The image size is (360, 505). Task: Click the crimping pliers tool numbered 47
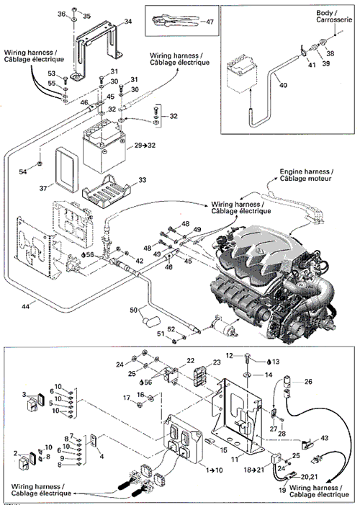coord(176,21)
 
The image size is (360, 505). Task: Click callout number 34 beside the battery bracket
coord(128,22)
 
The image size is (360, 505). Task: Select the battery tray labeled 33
coord(107,192)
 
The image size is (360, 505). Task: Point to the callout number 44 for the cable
coord(25,306)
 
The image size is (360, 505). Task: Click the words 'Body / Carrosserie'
coord(334,16)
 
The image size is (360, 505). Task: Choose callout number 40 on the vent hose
coord(283,85)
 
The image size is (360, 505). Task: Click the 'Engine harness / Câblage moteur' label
coord(306,175)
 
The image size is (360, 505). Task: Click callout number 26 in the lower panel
coord(308,381)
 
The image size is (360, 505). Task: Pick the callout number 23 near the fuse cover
coord(217,362)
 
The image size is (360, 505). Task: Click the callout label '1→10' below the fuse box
coord(214,470)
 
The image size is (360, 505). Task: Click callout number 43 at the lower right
coord(324,438)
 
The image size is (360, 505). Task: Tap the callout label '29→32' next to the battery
coord(145,146)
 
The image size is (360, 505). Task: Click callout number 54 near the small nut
coord(22,171)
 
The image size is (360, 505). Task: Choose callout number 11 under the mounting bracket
coord(235,460)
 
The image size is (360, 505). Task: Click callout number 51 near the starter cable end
coord(161,334)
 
